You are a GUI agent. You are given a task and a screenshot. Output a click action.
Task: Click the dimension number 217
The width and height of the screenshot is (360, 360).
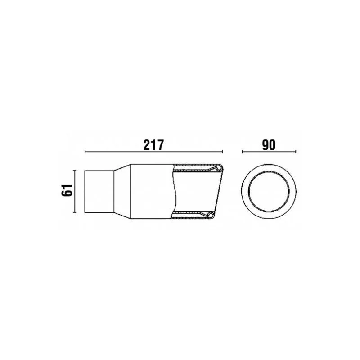(153, 145)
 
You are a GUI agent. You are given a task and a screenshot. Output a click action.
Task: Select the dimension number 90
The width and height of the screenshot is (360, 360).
(269, 145)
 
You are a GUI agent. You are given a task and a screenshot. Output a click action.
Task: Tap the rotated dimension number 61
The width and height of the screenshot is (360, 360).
(67, 190)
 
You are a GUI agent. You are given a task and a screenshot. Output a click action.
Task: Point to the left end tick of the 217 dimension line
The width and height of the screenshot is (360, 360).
(85, 152)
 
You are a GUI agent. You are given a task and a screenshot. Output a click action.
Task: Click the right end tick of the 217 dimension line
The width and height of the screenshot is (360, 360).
(222, 152)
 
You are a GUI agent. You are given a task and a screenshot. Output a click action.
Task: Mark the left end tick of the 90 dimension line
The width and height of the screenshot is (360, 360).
(242, 152)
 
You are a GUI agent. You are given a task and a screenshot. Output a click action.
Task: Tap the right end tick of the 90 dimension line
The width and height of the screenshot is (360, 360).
(296, 152)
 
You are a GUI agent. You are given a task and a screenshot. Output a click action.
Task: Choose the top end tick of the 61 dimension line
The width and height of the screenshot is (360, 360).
(74, 171)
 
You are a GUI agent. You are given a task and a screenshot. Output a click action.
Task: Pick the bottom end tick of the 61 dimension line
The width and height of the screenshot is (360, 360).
(74, 212)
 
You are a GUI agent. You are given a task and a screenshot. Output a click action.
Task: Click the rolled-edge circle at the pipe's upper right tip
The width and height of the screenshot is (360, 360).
(220, 168)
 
